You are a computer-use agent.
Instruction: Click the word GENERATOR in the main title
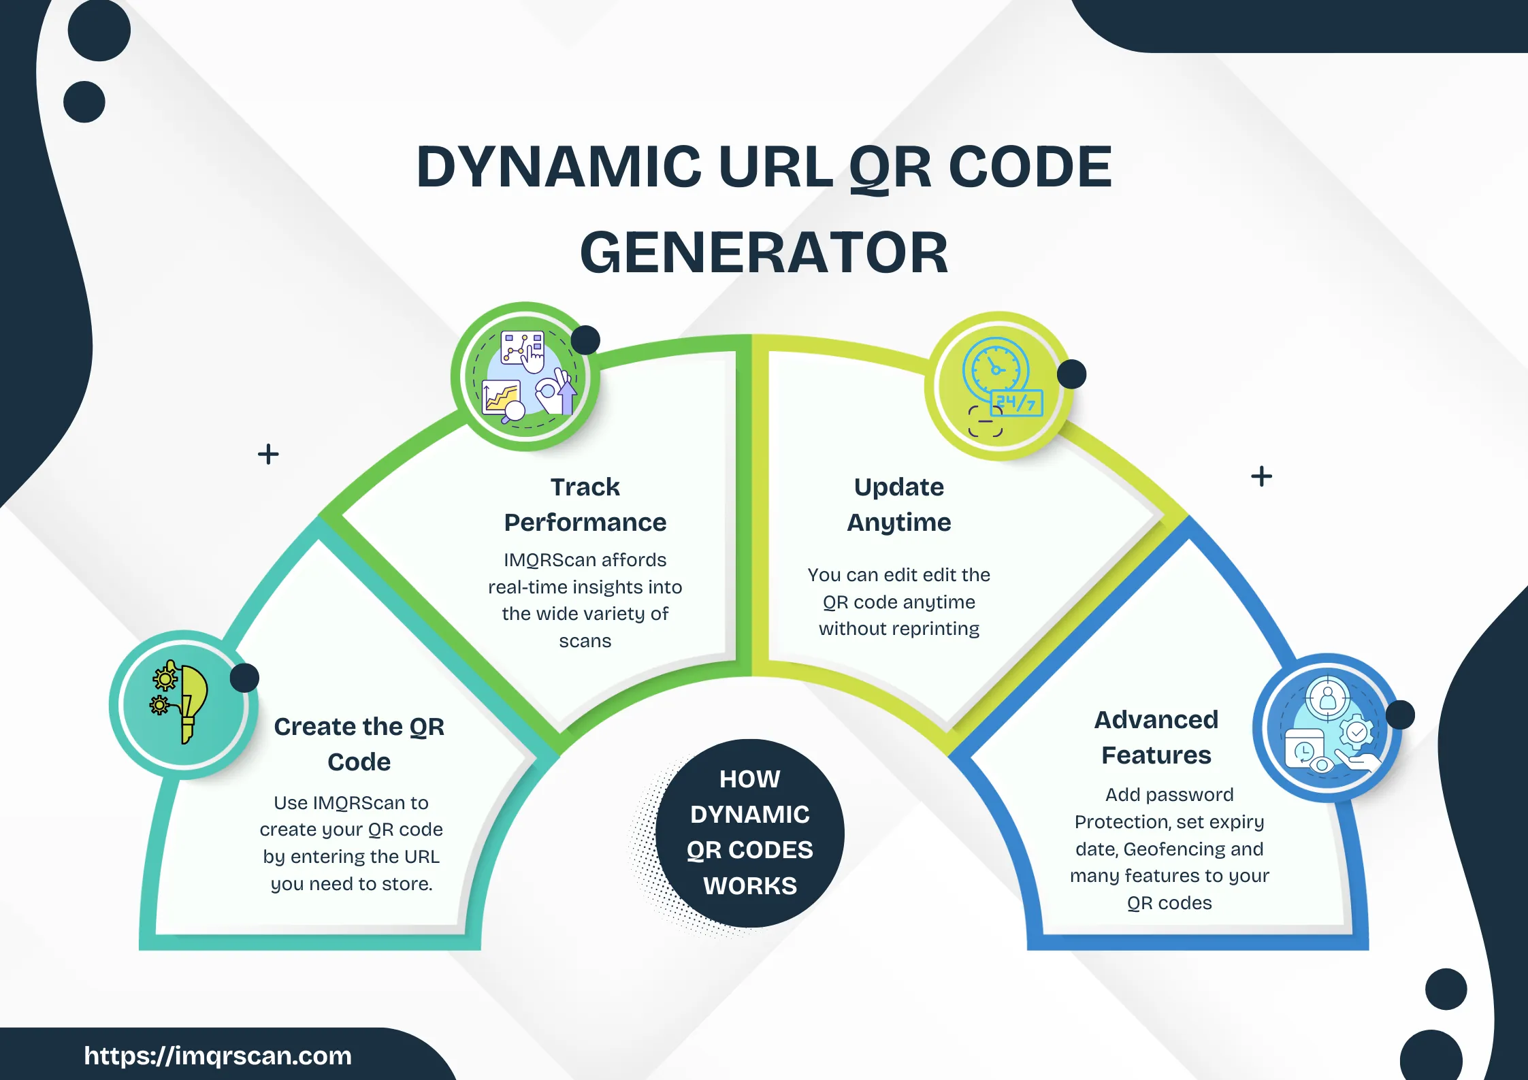[x=764, y=253]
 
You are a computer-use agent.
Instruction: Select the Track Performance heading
[x=585, y=504]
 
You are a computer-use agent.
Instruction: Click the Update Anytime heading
[x=898, y=504]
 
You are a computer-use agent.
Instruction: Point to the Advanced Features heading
[x=1156, y=737]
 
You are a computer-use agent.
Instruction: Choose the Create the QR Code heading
[x=359, y=744]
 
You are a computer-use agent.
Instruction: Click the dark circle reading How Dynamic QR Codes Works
[x=749, y=832]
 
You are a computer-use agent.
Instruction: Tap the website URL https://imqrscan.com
[x=218, y=1056]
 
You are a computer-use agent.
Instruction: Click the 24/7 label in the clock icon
[x=1016, y=403]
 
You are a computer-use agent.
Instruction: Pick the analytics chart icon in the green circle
[x=525, y=376]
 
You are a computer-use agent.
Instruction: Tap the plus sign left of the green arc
[x=268, y=454]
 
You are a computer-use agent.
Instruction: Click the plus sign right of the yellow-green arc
[x=1261, y=476]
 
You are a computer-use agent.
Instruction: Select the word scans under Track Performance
[x=585, y=641]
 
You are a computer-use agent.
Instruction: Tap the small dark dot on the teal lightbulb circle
[x=244, y=678]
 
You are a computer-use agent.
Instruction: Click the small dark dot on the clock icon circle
[x=1071, y=374]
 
